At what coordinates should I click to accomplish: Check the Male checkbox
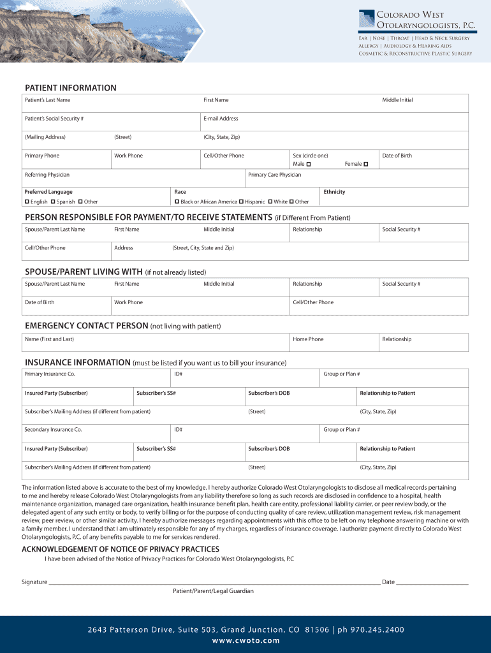(x=309, y=165)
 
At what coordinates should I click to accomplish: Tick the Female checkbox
(x=366, y=165)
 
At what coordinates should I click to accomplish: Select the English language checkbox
(x=27, y=202)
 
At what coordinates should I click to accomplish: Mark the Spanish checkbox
(x=52, y=202)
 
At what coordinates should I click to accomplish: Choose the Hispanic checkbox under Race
(x=241, y=202)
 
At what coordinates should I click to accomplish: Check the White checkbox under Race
(x=270, y=202)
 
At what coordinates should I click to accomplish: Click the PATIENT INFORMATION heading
(x=70, y=88)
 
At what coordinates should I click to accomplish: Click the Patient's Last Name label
(x=47, y=100)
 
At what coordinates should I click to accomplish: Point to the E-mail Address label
(x=221, y=119)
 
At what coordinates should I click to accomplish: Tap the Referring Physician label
(x=47, y=175)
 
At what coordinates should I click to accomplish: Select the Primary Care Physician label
(x=274, y=175)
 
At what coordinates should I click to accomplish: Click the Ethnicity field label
(x=334, y=192)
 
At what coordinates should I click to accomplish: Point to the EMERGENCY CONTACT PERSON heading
(x=87, y=326)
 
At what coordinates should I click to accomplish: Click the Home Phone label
(x=308, y=339)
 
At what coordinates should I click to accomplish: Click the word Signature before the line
(x=34, y=582)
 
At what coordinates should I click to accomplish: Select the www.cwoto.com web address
(x=246, y=641)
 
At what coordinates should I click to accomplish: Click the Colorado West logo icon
(x=367, y=19)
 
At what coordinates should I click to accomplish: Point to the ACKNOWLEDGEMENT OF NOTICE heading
(x=121, y=549)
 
